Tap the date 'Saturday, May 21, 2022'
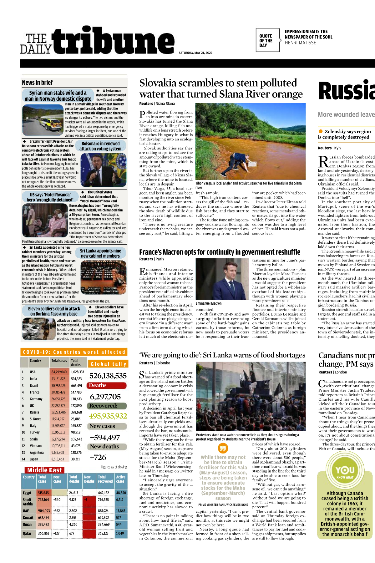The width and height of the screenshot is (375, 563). click(x=195, y=53)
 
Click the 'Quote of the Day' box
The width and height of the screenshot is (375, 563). click(x=266, y=41)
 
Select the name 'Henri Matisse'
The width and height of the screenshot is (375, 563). click(x=300, y=43)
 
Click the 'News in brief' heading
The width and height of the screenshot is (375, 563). click(x=37, y=83)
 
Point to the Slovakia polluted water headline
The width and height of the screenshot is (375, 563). click(x=221, y=89)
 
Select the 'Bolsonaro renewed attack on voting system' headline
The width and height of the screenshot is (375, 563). click(x=100, y=146)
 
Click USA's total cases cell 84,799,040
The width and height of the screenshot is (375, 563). click(x=59, y=372)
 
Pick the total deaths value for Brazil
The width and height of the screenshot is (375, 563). click(x=77, y=386)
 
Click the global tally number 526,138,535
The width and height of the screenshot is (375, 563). click(x=108, y=376)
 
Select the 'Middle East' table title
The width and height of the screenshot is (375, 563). click(x=44, y=470)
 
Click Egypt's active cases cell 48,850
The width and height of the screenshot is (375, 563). click(x=121, y=493)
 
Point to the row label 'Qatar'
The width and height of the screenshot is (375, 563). click(x=27, y=533)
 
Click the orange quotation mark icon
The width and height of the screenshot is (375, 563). click(x=223, y=448)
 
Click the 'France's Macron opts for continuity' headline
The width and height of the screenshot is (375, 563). click(x=220, y=252)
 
